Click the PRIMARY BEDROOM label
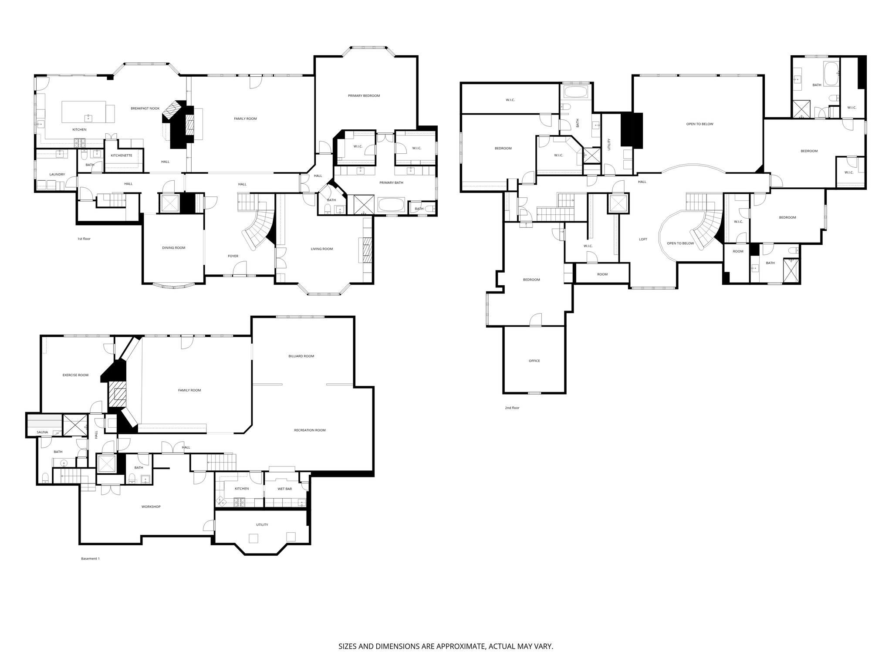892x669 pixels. (364, 96)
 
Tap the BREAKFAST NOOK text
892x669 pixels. (145, 108)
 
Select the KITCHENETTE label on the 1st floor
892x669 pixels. (122, 155)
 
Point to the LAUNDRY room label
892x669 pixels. (57, 175)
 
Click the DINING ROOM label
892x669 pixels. (173, 248)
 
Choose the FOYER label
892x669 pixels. (233, 256)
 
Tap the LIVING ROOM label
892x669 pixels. (321, 249)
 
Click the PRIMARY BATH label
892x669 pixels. (391, 182)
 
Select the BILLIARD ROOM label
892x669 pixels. (301, 356)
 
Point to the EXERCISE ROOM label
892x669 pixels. (75, 375)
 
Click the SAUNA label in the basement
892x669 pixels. (42, 432)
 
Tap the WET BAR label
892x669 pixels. (284, 489)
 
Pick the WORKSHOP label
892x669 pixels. (151, 507)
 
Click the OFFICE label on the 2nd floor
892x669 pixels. (534, 361)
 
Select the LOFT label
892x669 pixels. (643, 239)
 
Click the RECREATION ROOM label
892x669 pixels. (310, 430)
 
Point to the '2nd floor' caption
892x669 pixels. (512, 408)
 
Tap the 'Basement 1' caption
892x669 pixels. (90, 559)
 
